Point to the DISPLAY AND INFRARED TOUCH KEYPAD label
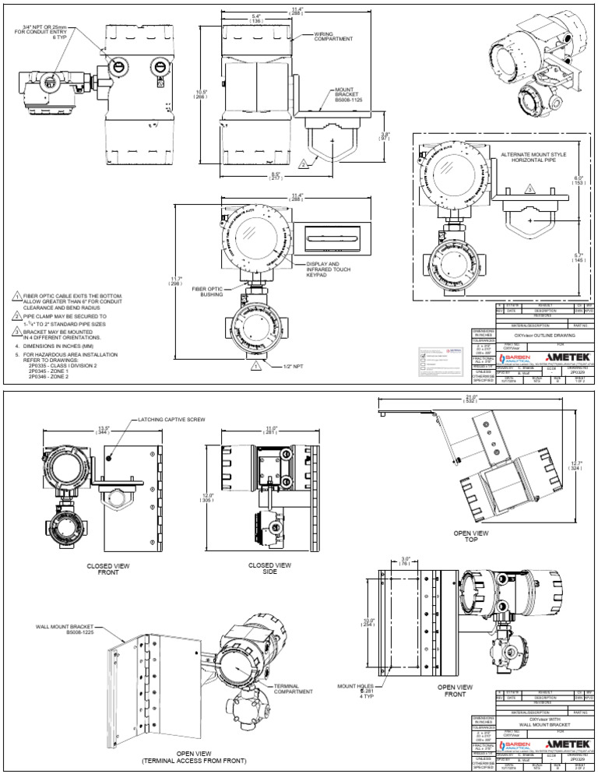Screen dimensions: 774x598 [x=325, y=270]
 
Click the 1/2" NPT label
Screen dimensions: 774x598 [x=283, y=364]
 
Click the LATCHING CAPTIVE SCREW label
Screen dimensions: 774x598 [x=171, y=419]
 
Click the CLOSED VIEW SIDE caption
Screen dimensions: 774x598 [x=269, y=568]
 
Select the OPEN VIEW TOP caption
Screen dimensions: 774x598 [x=470, y=537]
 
